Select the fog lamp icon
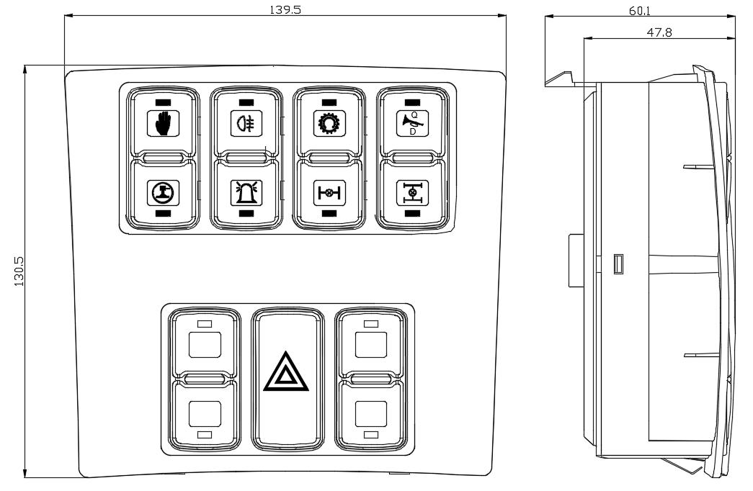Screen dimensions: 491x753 (245, 122)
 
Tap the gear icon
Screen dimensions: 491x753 (329, 122)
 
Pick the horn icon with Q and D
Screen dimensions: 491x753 (411, 122)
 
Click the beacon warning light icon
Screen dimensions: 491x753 (245, 192)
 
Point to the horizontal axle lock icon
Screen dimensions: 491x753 (329, 192)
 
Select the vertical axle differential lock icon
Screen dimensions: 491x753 (411, 192)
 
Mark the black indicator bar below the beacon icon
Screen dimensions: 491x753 (245, 213)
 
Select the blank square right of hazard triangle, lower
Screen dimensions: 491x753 (370, 413)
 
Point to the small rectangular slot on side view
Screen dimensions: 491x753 (618, 264)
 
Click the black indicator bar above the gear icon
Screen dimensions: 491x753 (329, 102)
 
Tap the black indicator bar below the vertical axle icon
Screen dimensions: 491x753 (411, 213)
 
